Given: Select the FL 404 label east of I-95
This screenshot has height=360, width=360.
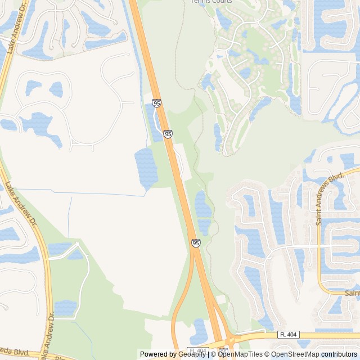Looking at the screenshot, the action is (287, 334).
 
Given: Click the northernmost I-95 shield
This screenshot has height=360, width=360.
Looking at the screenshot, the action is (157, 103).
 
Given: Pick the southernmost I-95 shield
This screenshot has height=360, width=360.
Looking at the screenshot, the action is (195, 243).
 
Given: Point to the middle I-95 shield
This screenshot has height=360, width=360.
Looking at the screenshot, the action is (168, 134).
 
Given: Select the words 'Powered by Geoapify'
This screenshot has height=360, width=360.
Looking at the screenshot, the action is (173, 354).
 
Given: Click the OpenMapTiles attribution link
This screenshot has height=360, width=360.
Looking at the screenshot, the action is (240, 354).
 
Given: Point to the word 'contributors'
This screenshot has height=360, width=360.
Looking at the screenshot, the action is (339, 354).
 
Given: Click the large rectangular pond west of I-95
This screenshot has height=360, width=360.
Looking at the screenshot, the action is (146, 168).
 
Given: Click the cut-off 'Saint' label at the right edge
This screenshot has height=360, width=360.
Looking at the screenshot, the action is (352, 293).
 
